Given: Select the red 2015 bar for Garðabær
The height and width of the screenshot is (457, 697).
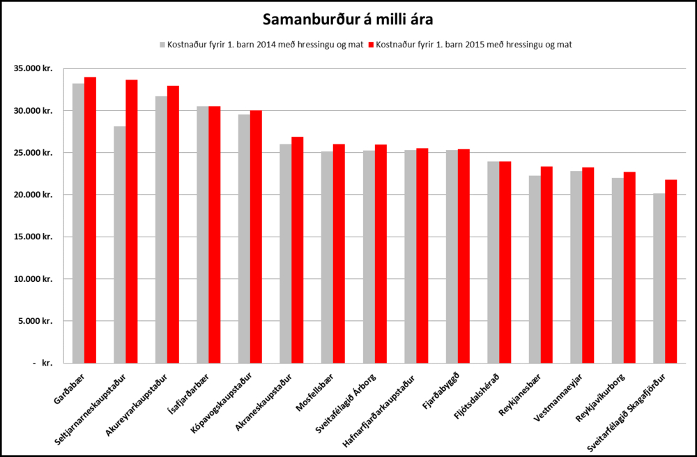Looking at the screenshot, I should [90, 220].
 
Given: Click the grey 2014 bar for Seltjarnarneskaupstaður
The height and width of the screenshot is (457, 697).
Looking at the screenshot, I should [120, 244].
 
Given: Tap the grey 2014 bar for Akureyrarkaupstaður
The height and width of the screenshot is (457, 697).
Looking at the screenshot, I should [161, 230].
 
